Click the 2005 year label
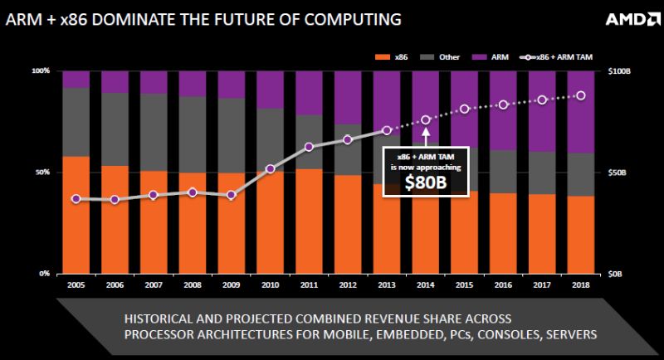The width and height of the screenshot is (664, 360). (x=76, y=284)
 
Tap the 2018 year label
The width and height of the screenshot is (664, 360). (x=581, y=284)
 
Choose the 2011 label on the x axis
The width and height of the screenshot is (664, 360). (x=309, y=284)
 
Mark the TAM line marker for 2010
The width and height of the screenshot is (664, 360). (x=270, y=169)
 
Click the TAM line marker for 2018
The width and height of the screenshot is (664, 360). (x=581, y=95)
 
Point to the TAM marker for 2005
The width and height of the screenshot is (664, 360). (x=76, y=199)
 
